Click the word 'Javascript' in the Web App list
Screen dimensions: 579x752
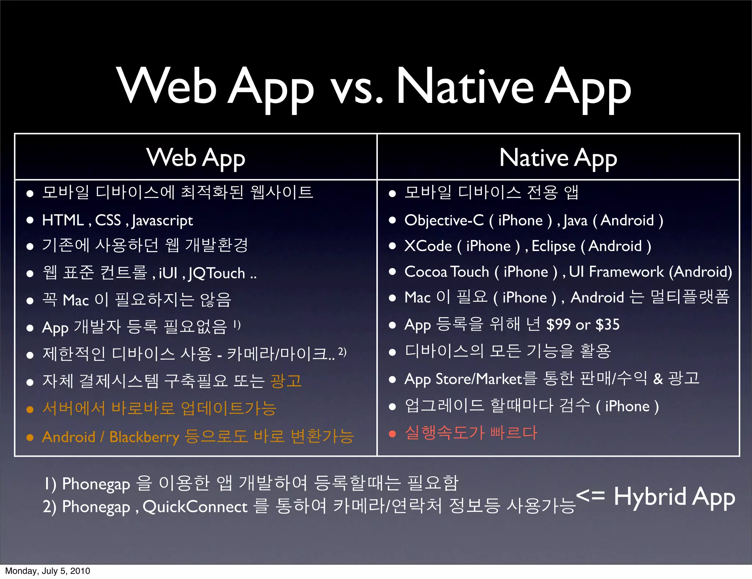(x=162, y=220)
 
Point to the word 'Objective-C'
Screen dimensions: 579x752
(x=444, y=220)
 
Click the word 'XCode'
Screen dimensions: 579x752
(x=428, y=246)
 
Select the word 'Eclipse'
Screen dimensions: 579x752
(x=553, y=246)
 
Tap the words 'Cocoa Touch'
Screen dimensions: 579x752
(x=446, y=272)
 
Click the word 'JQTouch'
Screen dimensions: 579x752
(x=217, y=273)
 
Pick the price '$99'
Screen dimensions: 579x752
(x=558, y=324)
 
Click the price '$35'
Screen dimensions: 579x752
(x=607, y=324)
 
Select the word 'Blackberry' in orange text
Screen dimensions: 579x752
(x=144, y=437)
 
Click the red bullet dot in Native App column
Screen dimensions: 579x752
(x=392, y=434)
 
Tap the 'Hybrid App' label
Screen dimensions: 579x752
(x=674, y=497)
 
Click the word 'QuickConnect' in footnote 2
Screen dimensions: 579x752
(x=195, y=507)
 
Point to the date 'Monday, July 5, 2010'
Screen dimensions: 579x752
(x=47, y=571)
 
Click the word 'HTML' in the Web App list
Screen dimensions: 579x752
(x=63, y=220)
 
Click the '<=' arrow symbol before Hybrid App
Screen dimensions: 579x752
(x=590, y=495)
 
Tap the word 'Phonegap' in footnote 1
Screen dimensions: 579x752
(x=96, y=484)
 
